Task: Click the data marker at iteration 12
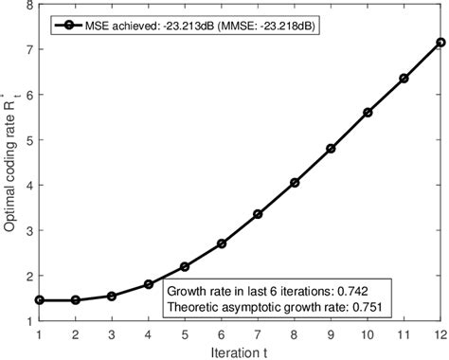(439, 42)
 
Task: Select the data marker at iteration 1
(39, 299)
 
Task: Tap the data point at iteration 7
(257, 214)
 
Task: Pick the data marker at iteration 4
(148, 284)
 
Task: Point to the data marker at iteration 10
(367, 113)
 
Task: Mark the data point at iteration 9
(331, 149)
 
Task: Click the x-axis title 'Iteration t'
(239, 351)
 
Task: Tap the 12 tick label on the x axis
(439, 333)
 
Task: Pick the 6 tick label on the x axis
(221, 333)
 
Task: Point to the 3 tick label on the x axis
(112, 333)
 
